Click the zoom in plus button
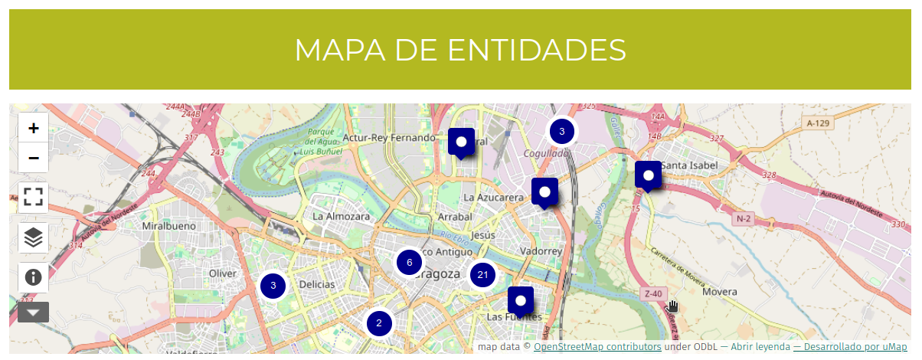coord(34,129)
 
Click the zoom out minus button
coord(34,158)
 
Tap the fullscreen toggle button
coord(33,197)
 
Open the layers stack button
coord(33,237)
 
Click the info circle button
coord(33,277)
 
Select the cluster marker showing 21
coord(482,274)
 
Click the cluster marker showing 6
coord(410,263)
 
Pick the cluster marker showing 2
coord(379,323)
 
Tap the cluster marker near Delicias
coord(273,286)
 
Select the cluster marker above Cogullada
coord(561,132)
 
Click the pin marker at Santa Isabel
coord(648,175)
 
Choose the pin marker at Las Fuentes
coord(520,300)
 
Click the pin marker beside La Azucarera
coord(544,191)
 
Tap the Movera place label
coord(719,292)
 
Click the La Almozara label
coord(341,216)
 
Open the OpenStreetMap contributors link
coord(597,347)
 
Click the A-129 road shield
coord(819,123)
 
